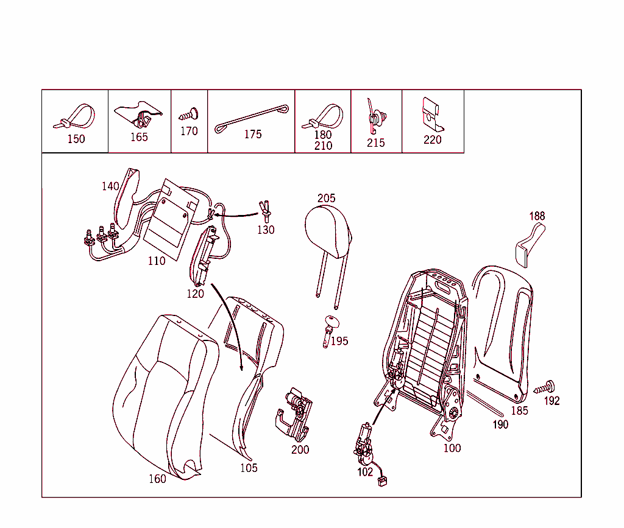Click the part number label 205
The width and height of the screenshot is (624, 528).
[327, 198]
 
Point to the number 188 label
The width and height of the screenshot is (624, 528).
[537, 216]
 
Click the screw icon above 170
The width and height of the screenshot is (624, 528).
[190, 114]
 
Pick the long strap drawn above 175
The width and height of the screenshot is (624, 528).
[252, 119]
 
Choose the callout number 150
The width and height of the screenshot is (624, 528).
[76, 139]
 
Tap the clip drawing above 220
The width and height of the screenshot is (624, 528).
[432, 114]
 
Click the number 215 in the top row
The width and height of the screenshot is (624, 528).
[375, 143]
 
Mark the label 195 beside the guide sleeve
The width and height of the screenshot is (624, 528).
[339, 341]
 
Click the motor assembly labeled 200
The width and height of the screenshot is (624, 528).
[294, 414]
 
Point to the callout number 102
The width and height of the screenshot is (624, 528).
[365, 472]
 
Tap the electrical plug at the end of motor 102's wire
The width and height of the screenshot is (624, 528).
[383, 482]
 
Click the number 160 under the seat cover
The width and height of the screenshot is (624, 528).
[157, 479]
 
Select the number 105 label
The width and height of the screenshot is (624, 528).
[249, 468]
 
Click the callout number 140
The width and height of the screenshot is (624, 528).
[110, 186]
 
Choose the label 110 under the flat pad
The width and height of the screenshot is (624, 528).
[157, 261]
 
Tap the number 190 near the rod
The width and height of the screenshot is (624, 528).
[501, 424]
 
